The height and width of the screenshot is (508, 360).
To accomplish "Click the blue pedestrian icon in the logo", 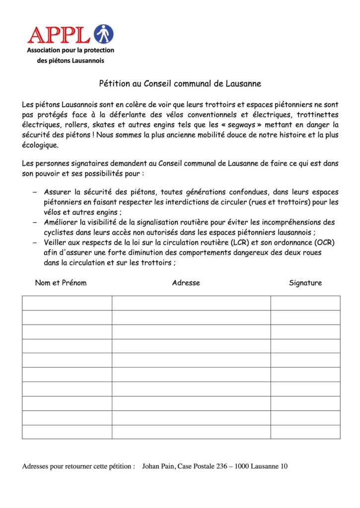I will tap(104, 34).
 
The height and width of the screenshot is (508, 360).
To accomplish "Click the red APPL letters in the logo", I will tap(59, 34).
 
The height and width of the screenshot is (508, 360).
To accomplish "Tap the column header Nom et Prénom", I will tap(61, 283).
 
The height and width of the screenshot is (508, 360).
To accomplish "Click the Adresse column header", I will tap(186, 283).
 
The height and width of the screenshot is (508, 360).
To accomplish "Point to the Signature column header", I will tap(305, 283).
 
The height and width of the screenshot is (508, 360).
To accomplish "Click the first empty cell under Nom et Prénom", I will tap(67, 303).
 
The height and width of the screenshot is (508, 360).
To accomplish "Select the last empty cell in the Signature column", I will tap(305, 432).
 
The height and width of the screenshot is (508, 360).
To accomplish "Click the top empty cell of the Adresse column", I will tap(191, 303).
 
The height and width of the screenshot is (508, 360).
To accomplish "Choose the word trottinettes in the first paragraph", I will tap(318, 114).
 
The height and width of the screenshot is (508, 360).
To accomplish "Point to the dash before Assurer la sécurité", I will tap(35, 192).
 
